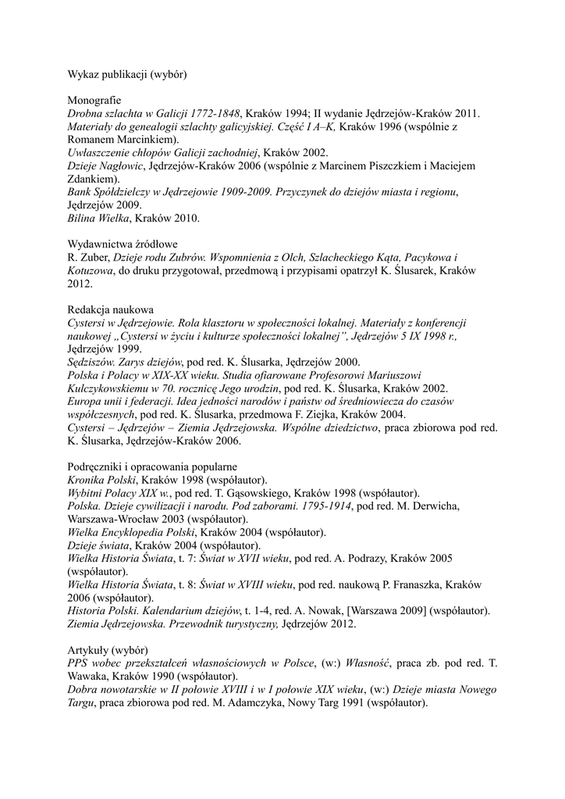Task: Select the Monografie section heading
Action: pyautogui.click(x=94, y=101)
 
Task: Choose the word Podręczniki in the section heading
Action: pyautogui.click(x=98, y=466)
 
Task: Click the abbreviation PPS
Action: pyautogui.click(x=79, y=662)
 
